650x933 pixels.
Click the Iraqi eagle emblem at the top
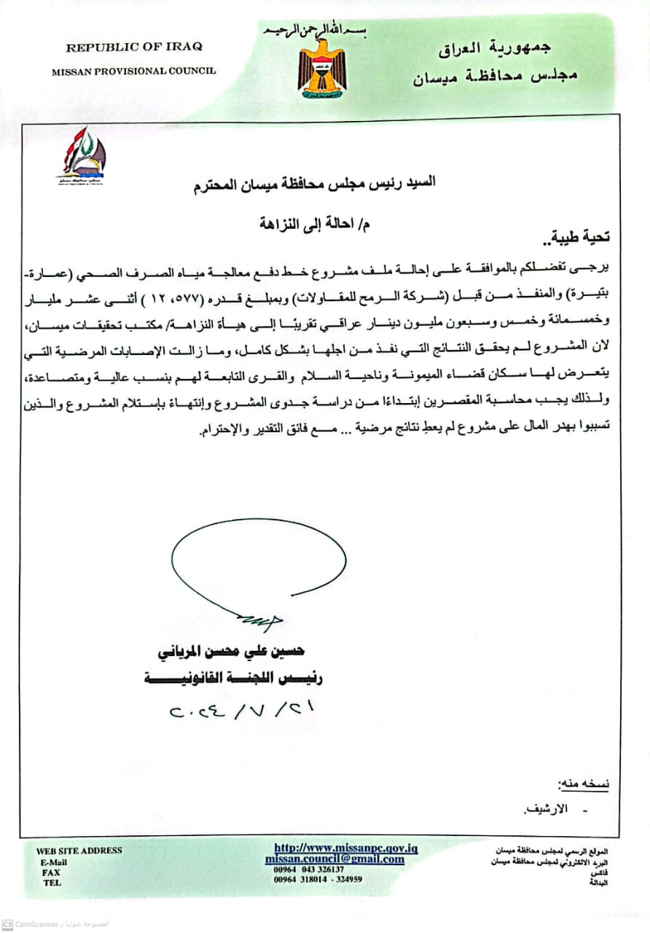(x=322, y=68)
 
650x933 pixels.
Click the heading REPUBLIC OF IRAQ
(x=134, y=47)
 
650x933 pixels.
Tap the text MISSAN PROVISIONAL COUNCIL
(x=134, y=71)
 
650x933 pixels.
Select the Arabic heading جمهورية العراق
(x=495, y=50)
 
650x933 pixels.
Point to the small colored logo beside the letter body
(x=82, y=155)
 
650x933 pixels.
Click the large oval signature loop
(x=258, y=562)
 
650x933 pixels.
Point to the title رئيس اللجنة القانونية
(x=233, y=679)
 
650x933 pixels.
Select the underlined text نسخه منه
(x=582, y=784)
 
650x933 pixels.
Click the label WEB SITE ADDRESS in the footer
(x=79, y=851)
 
